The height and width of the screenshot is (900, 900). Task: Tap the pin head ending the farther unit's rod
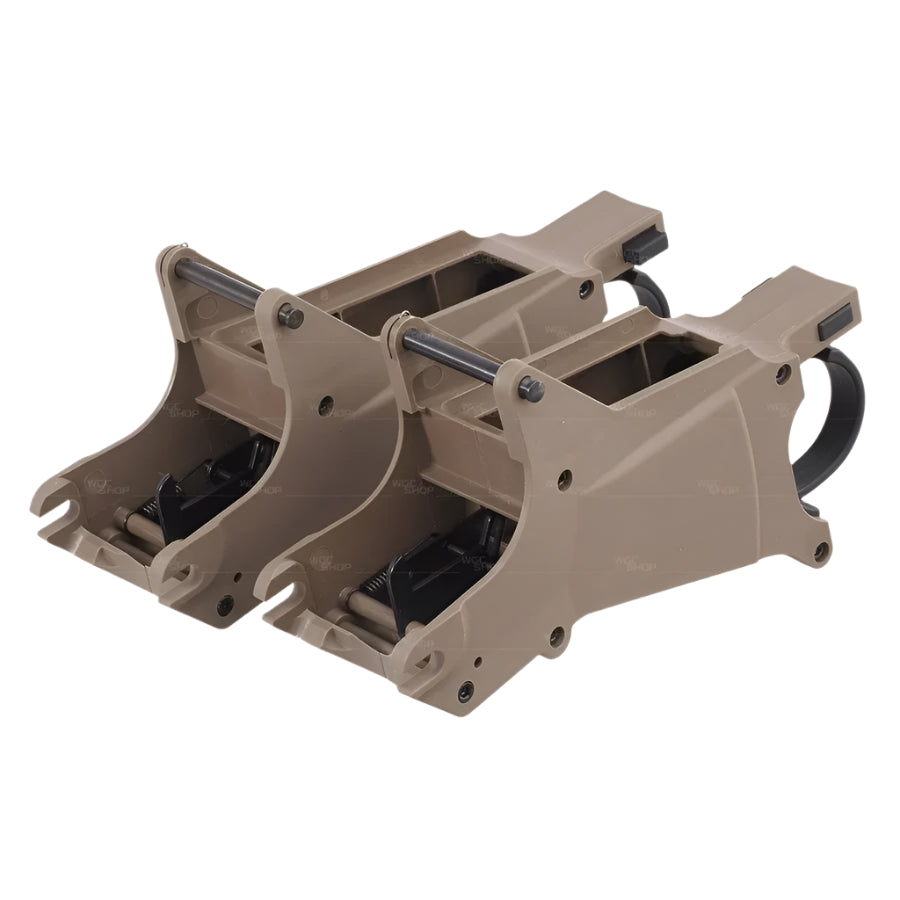tap(291, 316)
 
